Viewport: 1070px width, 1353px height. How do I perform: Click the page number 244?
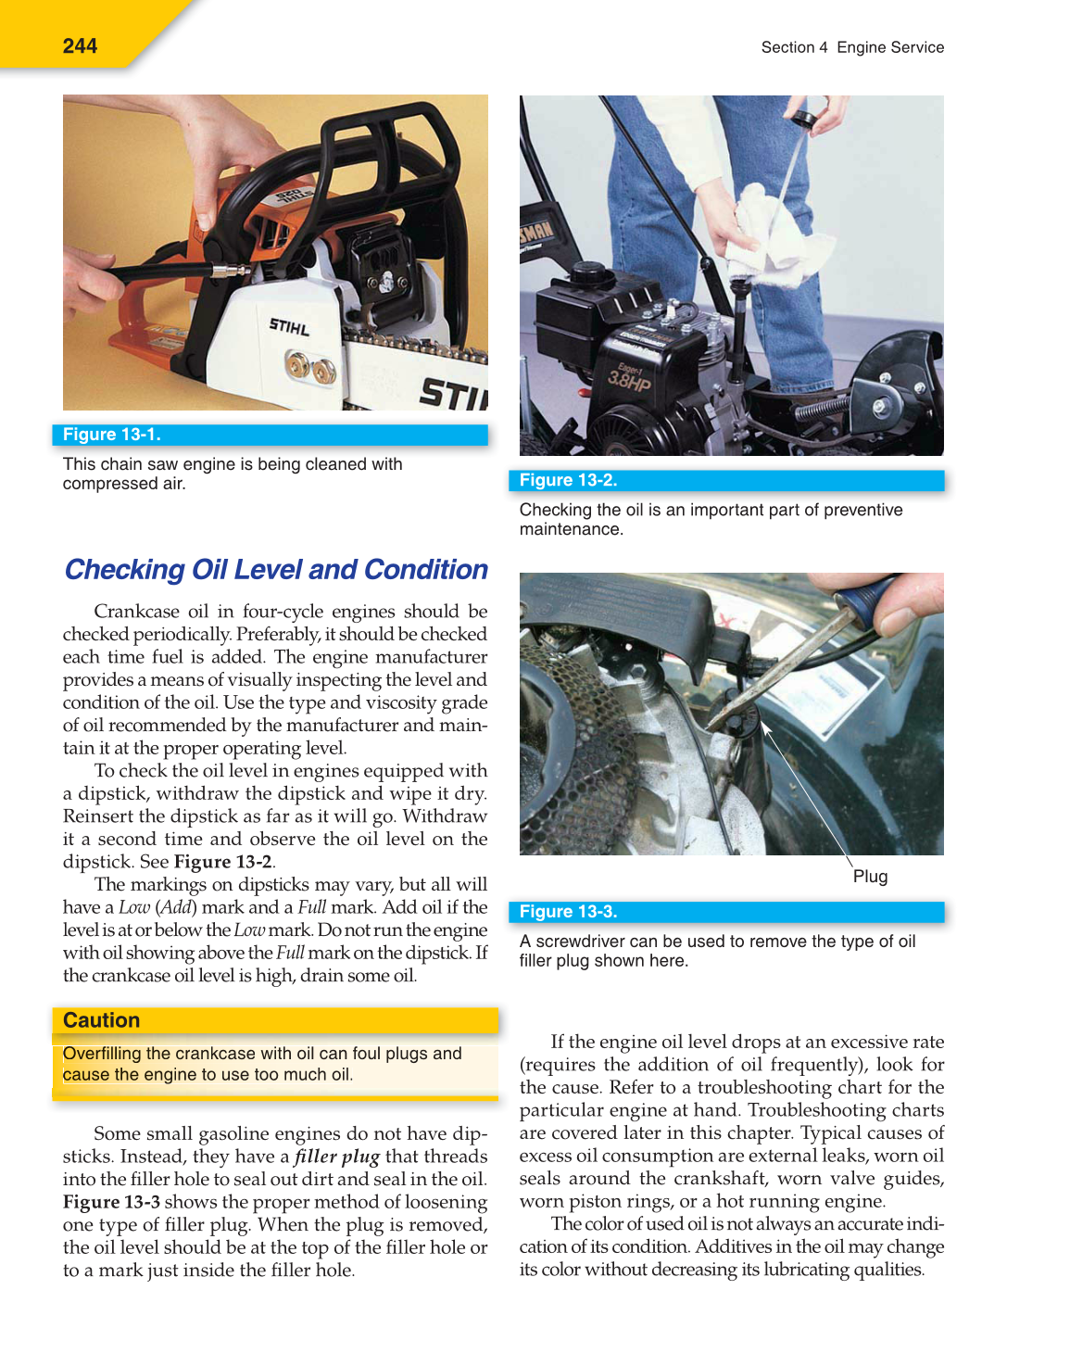(80, 45)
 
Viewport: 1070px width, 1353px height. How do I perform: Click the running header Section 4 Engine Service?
(851, 47)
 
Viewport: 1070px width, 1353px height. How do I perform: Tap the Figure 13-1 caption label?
(111, 435)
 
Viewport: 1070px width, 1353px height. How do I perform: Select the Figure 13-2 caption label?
(568, 480)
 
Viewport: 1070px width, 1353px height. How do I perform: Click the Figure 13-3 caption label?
(568, 912)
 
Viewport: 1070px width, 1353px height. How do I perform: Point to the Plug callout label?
(870, 877)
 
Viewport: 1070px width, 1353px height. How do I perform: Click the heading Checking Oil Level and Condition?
(276, 569)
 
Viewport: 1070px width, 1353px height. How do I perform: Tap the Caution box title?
(101, 1020)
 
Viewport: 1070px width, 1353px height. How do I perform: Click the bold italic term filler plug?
(337, 1157)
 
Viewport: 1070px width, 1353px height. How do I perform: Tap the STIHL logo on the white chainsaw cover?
(289, 326)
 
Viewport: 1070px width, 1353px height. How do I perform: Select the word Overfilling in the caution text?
(102, 1054)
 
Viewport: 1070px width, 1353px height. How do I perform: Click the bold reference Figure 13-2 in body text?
(222, 862)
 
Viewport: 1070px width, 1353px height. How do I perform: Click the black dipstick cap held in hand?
(802, 119)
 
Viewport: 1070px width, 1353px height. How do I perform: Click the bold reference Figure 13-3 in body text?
(111, 1202)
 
